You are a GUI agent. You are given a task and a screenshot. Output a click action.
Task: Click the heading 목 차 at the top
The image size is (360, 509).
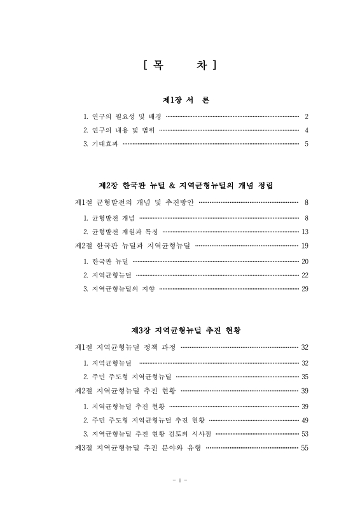pos(179,64)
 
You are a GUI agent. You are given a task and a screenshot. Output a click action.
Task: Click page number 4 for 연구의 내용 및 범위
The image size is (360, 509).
pos(306,130)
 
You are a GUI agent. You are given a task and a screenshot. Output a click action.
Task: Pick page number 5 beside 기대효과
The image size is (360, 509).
pos(306,144)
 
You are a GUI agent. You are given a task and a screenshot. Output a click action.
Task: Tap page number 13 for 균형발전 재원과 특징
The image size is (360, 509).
pos(305,232)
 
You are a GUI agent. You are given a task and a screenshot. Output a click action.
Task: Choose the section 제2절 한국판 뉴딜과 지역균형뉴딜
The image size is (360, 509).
pos(132,246)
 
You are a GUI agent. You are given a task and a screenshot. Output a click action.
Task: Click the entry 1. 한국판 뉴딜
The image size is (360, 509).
pos(106,261)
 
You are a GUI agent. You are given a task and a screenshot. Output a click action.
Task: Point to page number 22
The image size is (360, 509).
pos(304,275)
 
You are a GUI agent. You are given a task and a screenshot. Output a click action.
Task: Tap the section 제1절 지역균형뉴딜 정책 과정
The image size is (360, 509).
pos(125,347)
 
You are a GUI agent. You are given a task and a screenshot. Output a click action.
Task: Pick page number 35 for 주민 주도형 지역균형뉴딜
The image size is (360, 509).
pos(304,377)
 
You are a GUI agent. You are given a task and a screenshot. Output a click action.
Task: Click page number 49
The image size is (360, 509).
pos(304,420)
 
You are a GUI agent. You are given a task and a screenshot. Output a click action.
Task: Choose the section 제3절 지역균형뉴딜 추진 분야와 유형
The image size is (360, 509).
pos(138,448)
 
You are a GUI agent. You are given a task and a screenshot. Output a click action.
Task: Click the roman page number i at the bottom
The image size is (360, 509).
pos(179,479)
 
